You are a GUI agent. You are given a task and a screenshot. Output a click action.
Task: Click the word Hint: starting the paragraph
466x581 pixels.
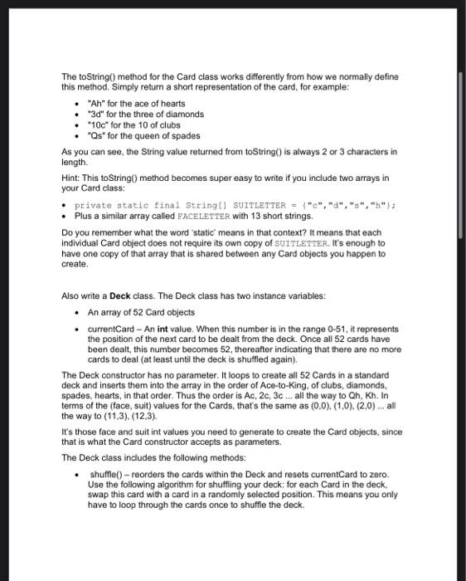point(72,178)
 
